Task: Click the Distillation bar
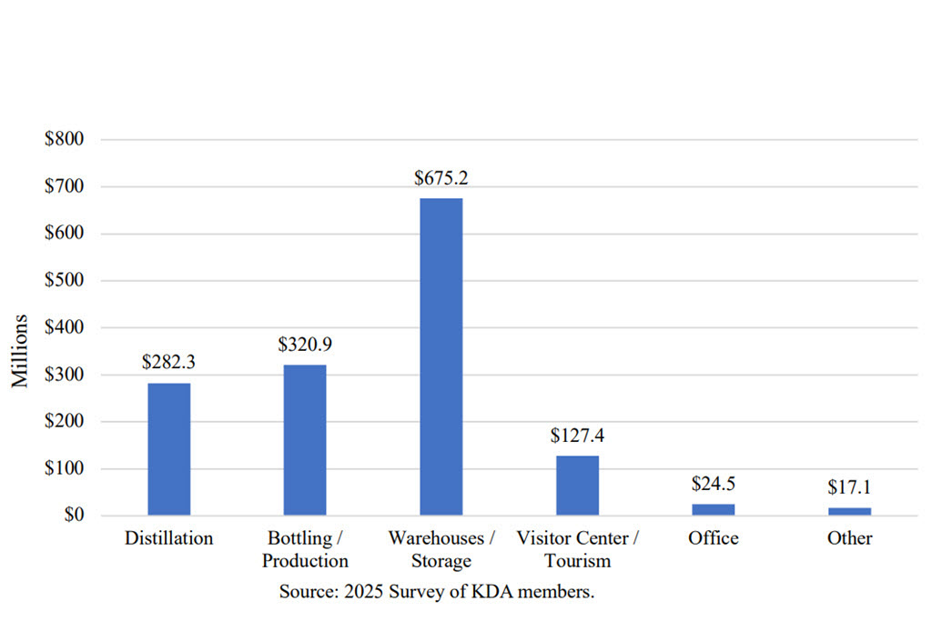pos(168,449)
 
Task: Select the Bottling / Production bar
pos(305,440)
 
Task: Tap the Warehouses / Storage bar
pos(441,356)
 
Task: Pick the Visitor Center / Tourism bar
pos(577,486)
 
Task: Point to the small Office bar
pos(714,510)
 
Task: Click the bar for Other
pos(849,511)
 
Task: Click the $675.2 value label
pos(441,178)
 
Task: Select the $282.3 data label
pos(168,362)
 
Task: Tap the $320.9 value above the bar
pos(305,345)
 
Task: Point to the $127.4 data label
pos(577,436)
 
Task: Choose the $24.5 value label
pos(714,483)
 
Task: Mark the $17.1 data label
pos(849,486)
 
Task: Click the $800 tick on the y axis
pos(64,139)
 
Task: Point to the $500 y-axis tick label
pos(64,280)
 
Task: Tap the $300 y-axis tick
pos(64,375)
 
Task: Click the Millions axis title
pos(21,351)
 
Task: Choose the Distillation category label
pos(168,538)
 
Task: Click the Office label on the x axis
pos(714,538)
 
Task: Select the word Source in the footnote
pos(307,592)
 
